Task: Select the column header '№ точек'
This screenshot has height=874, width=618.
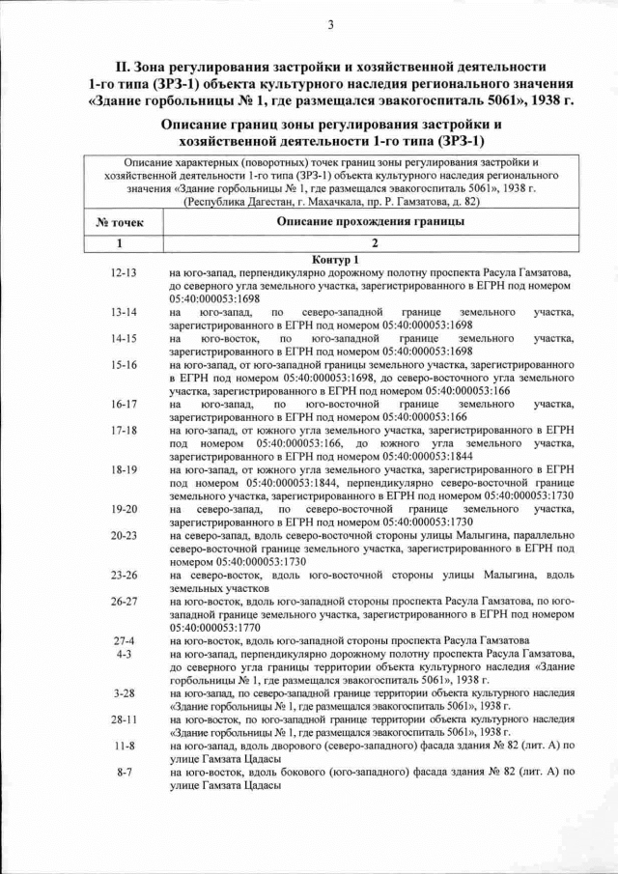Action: (122, 222)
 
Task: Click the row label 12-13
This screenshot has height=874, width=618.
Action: (125, 273)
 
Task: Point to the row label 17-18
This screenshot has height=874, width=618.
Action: (125, 430)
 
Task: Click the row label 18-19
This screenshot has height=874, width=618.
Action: (125, 469)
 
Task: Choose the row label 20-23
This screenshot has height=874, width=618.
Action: (125, 535)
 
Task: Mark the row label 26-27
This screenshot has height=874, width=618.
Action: (125, 601)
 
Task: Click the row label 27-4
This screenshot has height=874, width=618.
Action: (125, 640)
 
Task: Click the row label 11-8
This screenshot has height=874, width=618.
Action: (125, 746)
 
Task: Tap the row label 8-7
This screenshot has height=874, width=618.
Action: (125, 773)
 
